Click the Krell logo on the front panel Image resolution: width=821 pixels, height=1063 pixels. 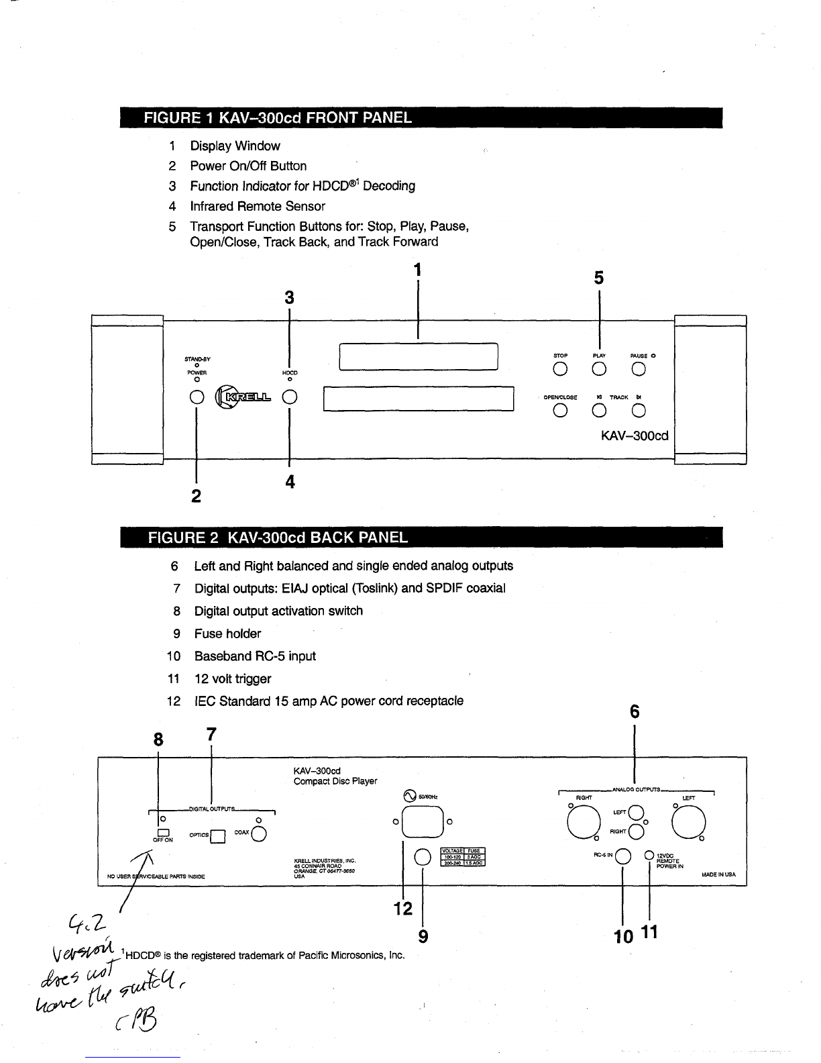(x=242, y=397)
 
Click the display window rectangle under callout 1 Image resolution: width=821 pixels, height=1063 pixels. (x=418, y=356)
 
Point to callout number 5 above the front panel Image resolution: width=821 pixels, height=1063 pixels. (x=598, y=278)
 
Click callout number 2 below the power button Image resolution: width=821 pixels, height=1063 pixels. (x=196, y=496)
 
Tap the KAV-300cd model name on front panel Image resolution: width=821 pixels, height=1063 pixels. (x=635, y=435)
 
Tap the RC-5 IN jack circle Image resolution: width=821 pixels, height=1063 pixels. (x=623, y=856)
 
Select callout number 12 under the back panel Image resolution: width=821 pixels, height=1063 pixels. (x=402, y=909)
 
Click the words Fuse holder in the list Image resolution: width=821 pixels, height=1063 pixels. (x=227, y=634)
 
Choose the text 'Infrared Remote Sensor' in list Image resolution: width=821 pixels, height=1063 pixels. (x=258, y=206)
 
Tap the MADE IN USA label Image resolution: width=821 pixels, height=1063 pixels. (x=718, y=874)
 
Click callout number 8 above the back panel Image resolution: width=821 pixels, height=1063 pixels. (x=158, y=740)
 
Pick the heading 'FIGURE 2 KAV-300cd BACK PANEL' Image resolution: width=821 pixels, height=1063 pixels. (x=278, y=538)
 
